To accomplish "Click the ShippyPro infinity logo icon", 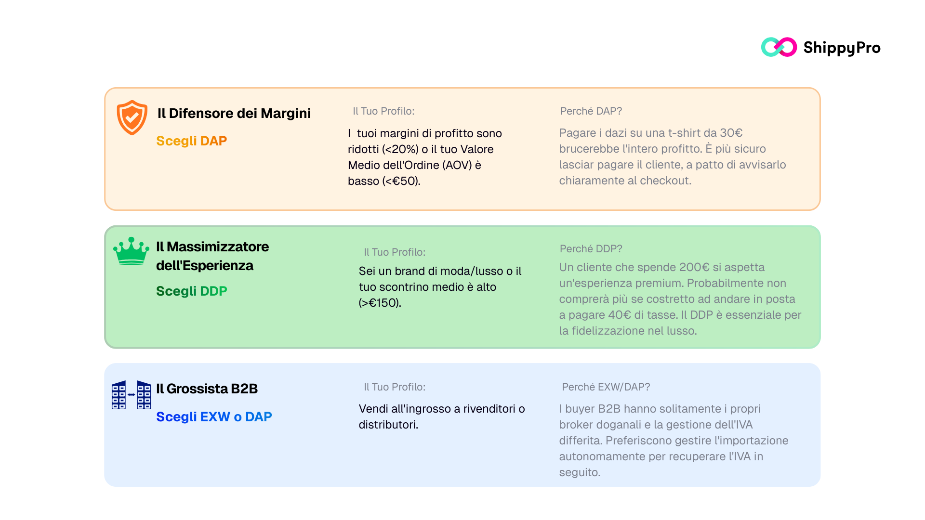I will [x=779, y=47].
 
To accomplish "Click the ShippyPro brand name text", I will [x=842, y=48].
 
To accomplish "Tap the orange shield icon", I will [x=132, y=117].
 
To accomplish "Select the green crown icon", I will [x=131, y=251].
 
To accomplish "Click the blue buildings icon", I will [x=131, y=395].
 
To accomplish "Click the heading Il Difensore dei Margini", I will [x=234, y=113].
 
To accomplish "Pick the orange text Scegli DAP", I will [x=191, y=141].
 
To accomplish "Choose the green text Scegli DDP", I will [x=191, y=291].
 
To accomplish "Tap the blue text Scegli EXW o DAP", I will [x=214, y=416].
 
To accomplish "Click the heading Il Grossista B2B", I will [x=207, y=389].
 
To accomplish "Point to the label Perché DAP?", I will [x=591, y=111].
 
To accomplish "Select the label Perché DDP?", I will [x=591, y=249].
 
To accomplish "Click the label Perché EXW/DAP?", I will [x=606, y=387].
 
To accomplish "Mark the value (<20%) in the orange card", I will [x=400, y=149].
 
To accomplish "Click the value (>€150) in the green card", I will [x=379, y=303].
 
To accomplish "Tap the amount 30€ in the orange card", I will [x=731, y=133].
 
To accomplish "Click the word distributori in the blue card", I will [x=387, y=425].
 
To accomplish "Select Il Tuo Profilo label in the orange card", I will [x=383, y=111].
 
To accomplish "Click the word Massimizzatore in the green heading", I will [x=218, y=247].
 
